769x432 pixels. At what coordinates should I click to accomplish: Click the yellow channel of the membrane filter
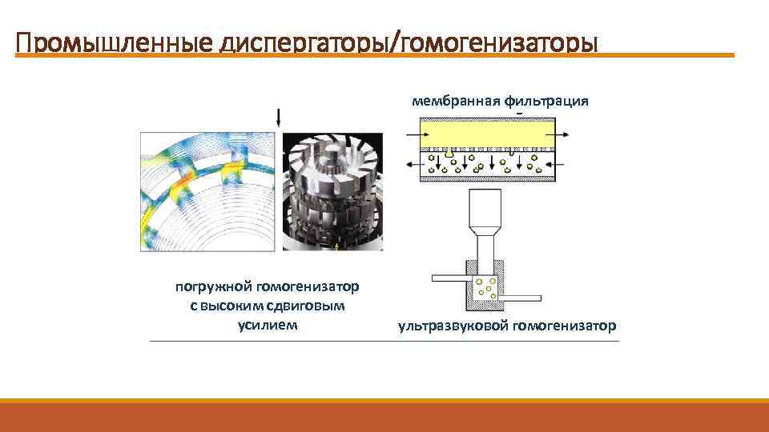(x=488, y=130)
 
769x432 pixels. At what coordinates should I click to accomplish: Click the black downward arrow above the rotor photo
(x=279, y=118)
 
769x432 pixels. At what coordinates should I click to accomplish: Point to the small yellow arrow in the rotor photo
(x=337, y=247)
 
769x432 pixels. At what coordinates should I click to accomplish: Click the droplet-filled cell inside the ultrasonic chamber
(x=486, y=287)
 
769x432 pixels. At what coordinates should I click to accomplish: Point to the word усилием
(x=267, y=325)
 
